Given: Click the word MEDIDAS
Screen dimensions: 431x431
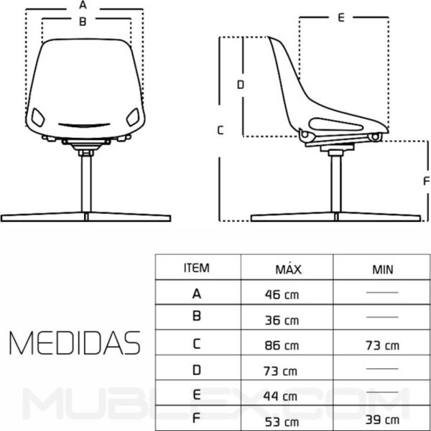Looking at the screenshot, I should pos(73,343).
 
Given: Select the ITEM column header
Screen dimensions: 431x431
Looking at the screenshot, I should pos(197,269).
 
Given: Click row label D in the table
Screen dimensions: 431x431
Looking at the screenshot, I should pos(197,370).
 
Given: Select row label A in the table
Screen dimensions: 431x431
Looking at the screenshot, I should pos(197,293).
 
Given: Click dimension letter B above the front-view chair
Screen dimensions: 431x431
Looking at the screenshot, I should pos(83,22).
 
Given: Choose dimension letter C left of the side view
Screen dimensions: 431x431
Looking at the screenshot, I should pos(221,130).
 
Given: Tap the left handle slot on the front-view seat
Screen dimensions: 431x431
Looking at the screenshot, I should pos(38,114).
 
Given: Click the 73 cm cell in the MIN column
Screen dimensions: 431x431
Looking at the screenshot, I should pos(381,346).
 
